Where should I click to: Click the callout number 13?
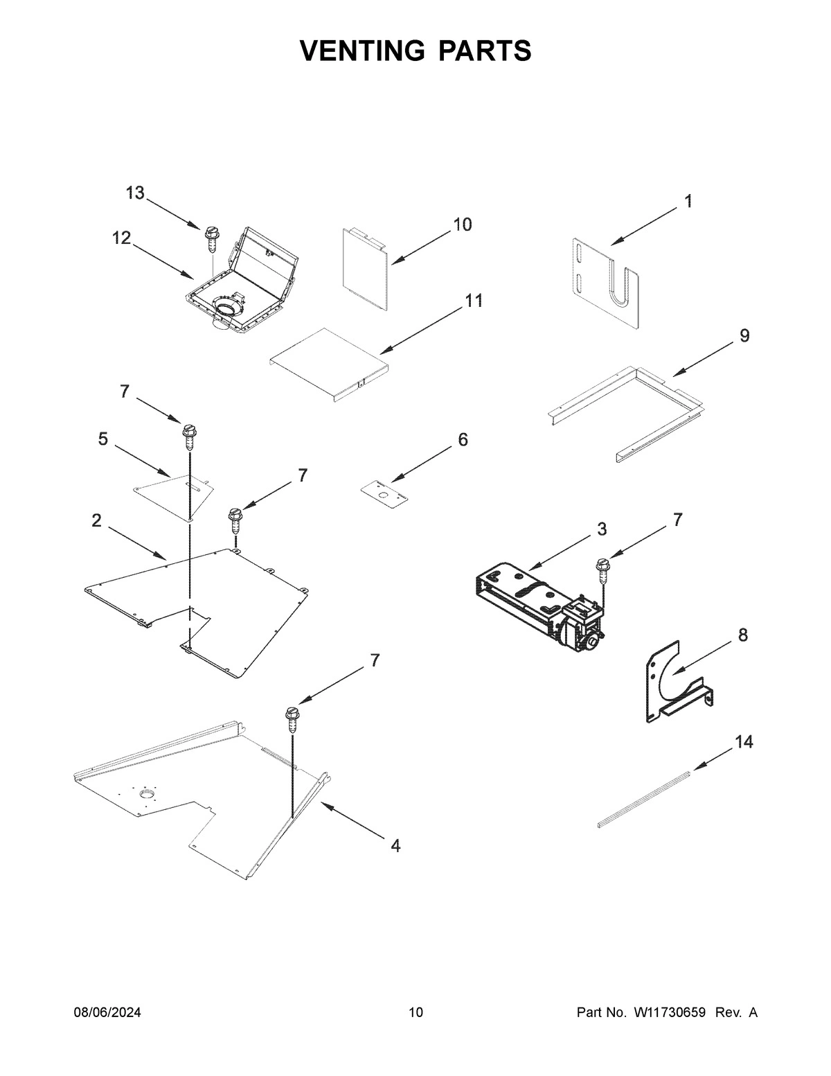(x=135, y=193)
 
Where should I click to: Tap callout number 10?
(x=462, y=224)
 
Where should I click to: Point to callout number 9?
(x=744, y=336)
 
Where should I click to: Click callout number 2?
(x=96, y=521)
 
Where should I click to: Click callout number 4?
(x=395, y=846)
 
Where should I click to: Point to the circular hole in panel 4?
(x=147, y=794)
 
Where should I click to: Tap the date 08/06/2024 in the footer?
(x=107, y=1012)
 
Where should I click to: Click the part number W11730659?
(x=669, y=1012)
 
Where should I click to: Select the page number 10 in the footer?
(x=415, y=1012)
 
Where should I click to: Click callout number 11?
(x=474, y=301)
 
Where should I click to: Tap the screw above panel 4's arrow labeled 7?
(x=292, y=718)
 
